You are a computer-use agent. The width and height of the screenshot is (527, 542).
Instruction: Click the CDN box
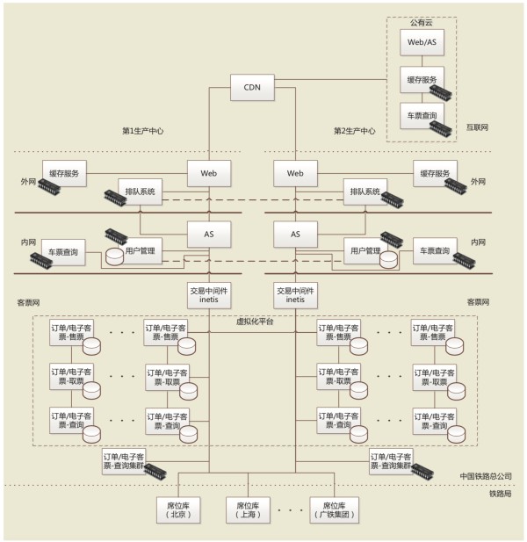[251, 87]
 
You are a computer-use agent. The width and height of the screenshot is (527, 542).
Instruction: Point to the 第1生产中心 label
[142, 131]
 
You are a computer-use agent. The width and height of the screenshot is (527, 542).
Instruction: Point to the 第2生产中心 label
[354, 131]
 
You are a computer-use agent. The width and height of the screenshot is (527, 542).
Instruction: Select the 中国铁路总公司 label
[486, 476]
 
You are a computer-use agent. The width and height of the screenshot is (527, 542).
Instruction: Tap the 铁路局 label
[500, 494]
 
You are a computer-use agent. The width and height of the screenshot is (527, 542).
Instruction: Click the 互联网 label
[478, 127]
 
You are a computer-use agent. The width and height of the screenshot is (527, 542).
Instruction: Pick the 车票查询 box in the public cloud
[417, 115]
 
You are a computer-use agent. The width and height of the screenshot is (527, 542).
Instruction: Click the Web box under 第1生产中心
[209, 174]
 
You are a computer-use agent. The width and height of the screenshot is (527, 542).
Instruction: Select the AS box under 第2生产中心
[295, 235]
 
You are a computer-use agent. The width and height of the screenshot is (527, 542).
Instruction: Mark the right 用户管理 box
[365, 251]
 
